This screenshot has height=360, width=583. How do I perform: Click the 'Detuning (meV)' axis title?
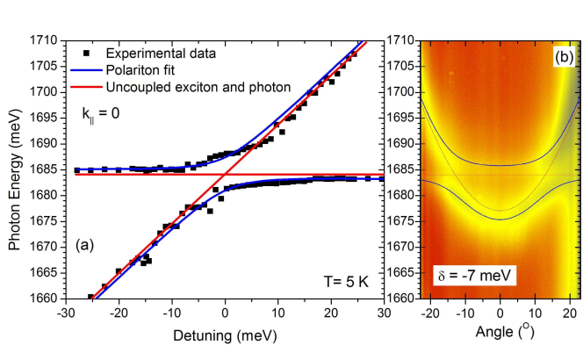[x=224, y=335]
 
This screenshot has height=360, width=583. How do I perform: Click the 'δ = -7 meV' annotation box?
[x=474, y=276]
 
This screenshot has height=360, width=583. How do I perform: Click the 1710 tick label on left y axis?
[x=46, y=40]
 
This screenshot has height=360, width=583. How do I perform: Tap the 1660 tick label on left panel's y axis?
[x=46, y=299]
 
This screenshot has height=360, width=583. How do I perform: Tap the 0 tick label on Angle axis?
[x=500, y=313]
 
